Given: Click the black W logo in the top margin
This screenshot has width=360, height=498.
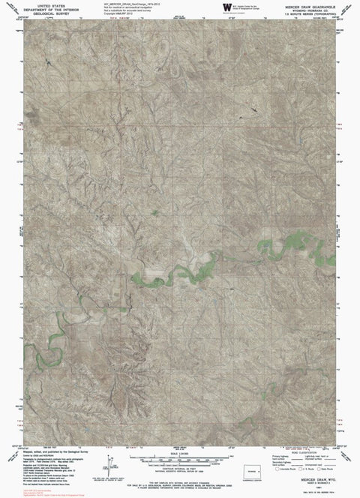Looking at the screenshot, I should [226, 7].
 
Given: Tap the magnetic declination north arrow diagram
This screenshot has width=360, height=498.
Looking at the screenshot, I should [110, 457].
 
